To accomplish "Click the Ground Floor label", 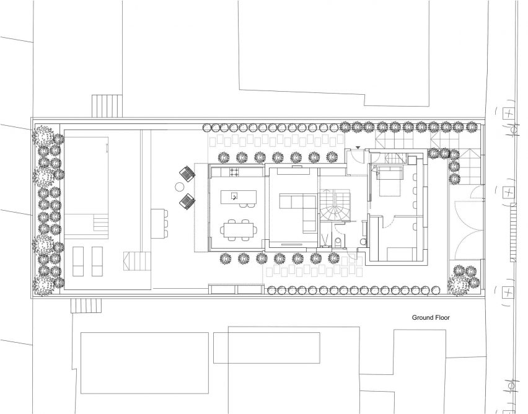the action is click(431, 317).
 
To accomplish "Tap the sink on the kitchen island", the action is click(234, 195).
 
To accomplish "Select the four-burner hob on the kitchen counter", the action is click(234, 172).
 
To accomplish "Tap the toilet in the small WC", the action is click(338, 242).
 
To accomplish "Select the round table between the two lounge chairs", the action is click(180, 186).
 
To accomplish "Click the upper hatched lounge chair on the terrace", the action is click(188, 173).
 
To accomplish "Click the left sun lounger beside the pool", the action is click(78, 261).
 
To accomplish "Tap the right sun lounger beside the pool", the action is click(97, 261).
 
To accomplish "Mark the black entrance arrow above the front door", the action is click(358, 148).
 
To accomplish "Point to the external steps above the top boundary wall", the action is click(107, 106).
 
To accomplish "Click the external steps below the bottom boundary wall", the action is click(86, 306).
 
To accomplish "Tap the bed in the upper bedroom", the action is click(390, 180).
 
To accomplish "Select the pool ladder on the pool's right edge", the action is click(107, 148).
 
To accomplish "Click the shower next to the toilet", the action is click(325, 239).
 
